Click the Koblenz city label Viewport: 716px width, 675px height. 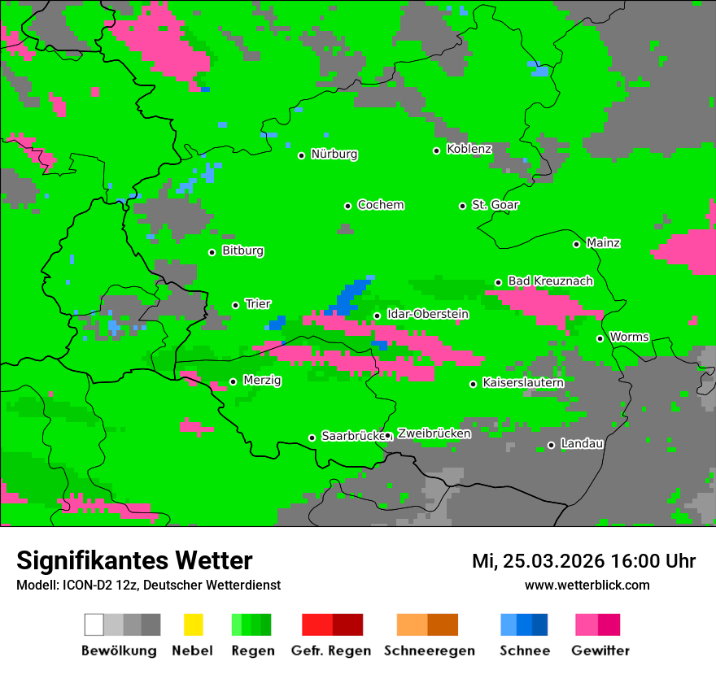[469, 149]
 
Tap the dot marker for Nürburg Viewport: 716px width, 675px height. [301, 155]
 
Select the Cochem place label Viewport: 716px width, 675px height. [380, 205]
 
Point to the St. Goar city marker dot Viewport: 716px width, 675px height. [462, 206]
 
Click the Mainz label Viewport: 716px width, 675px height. [603, 243]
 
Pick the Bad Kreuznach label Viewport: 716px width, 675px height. [550, 281]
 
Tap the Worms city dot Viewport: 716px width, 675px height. [600, 338]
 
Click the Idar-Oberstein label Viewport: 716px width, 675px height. [427, 314]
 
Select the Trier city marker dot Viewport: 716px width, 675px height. [235, 305]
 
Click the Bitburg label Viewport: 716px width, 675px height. [242, 251]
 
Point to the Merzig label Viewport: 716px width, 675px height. [262, 381]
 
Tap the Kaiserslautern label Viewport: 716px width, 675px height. [522, 383]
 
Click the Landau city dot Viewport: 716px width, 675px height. [551, 445]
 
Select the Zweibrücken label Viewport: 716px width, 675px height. [434, 434]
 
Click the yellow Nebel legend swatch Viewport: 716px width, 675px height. [193, 625]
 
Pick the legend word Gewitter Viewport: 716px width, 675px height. [600, 651]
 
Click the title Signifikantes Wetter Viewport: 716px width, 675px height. [134, 560]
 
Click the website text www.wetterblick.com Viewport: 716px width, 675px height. [587, 586]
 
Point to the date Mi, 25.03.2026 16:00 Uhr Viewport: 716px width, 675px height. [583, 561]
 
